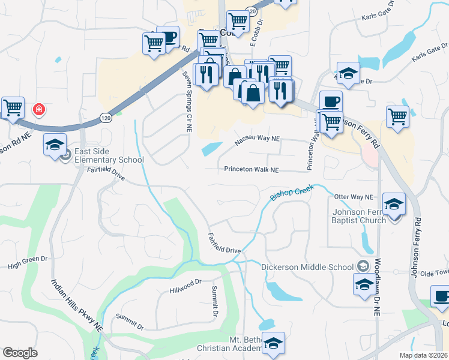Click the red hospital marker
pos(39,109)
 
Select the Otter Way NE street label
pos(354,197)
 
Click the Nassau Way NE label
pos(257,139)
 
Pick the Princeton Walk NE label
pos(252,170)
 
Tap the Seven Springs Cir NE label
pos(187,100)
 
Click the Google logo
pos(20,352)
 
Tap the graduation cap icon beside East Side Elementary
pos(55,145)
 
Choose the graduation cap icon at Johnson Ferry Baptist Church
pos(394,205)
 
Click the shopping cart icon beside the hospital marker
pos(13,108)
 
